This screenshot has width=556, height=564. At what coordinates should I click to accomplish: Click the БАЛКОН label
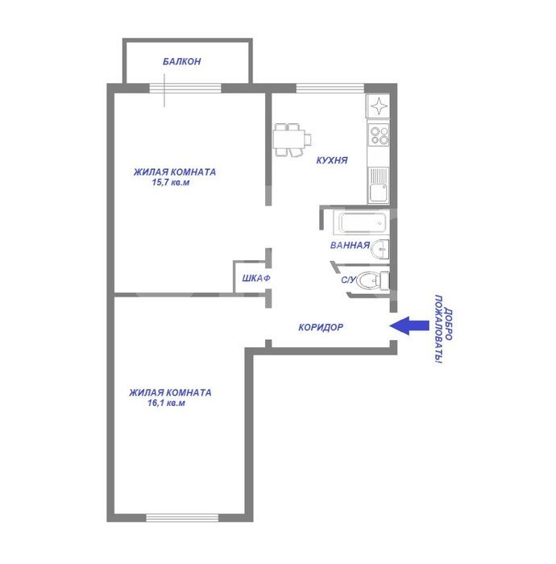click(x=181, y=61)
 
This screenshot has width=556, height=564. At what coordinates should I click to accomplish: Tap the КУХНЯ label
click(x=332, y=160)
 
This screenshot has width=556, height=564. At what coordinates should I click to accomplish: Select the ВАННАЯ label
click(x=350, y=245)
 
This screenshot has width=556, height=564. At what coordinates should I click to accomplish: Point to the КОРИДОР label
click(x=321, y=327)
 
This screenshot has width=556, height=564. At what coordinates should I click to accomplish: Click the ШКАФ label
click(x=256, y=279)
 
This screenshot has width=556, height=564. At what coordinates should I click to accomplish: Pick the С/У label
click(x=348, y=280)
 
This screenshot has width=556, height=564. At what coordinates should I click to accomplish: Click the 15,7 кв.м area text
click(x=171, y=182)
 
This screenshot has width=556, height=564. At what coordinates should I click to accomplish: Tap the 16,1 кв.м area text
click(x=166, y=403)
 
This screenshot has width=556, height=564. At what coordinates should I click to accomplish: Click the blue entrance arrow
click(x=409, y=326)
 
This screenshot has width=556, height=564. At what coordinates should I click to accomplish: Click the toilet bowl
click(x=372, y=280)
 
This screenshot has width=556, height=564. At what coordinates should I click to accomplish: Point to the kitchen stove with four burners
click(x=379, y=135)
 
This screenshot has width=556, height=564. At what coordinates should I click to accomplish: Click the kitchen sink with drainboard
click(x=378, y=185)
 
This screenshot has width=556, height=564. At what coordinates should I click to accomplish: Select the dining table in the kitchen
click(x=292, y=139)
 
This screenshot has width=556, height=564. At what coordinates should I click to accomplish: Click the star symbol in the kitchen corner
click(x=379, y=106)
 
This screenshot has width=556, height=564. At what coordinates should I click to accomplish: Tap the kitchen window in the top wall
click(x=330, y=88)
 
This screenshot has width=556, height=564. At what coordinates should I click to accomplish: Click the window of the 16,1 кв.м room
click(x=182, y=518)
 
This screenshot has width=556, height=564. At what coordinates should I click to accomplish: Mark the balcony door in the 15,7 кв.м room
click(x=185, y=88)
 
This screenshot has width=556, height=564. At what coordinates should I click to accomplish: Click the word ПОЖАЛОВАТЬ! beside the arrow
click(x=438, y=330)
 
